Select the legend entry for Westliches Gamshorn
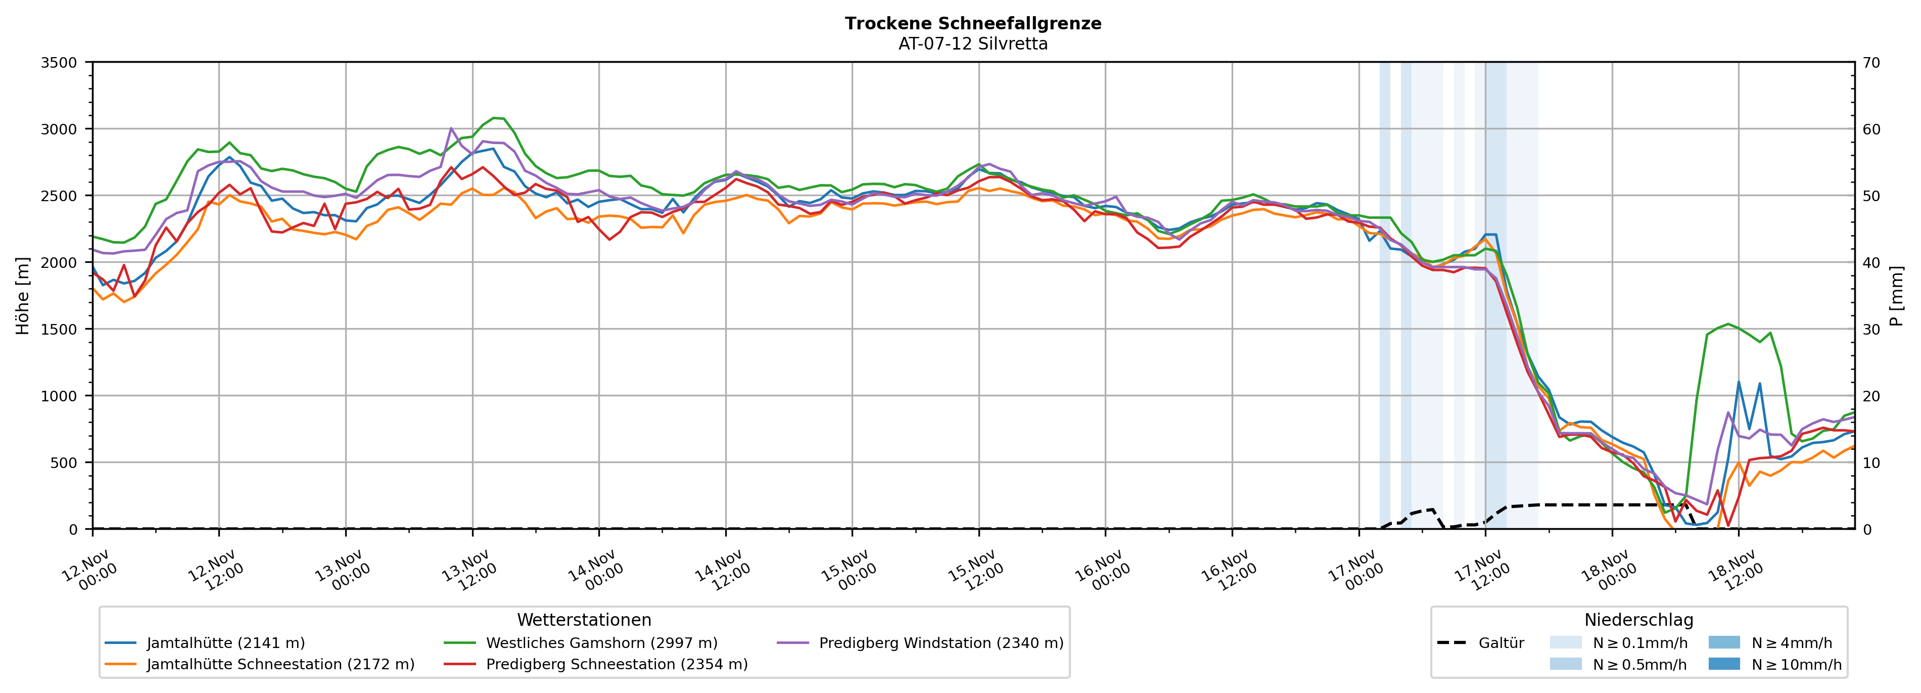click(601, 643)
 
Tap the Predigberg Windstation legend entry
click(941, 643)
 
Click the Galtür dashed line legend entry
click(1501, 643)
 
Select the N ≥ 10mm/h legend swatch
click(1724, 664)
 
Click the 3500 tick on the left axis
click(59, 63)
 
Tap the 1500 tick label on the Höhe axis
click(59, 329)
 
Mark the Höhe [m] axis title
click(23, 295)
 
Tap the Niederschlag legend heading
click(1638, 620)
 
